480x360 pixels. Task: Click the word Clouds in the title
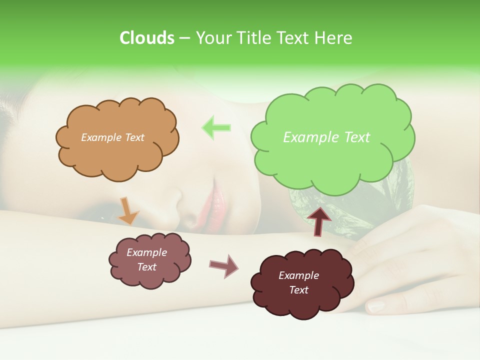146,38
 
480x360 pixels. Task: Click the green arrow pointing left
216,127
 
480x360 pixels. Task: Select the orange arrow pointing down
128,210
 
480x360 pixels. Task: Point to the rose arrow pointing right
223,266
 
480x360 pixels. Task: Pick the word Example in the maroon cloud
298,275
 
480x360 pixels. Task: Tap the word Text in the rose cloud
147,267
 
